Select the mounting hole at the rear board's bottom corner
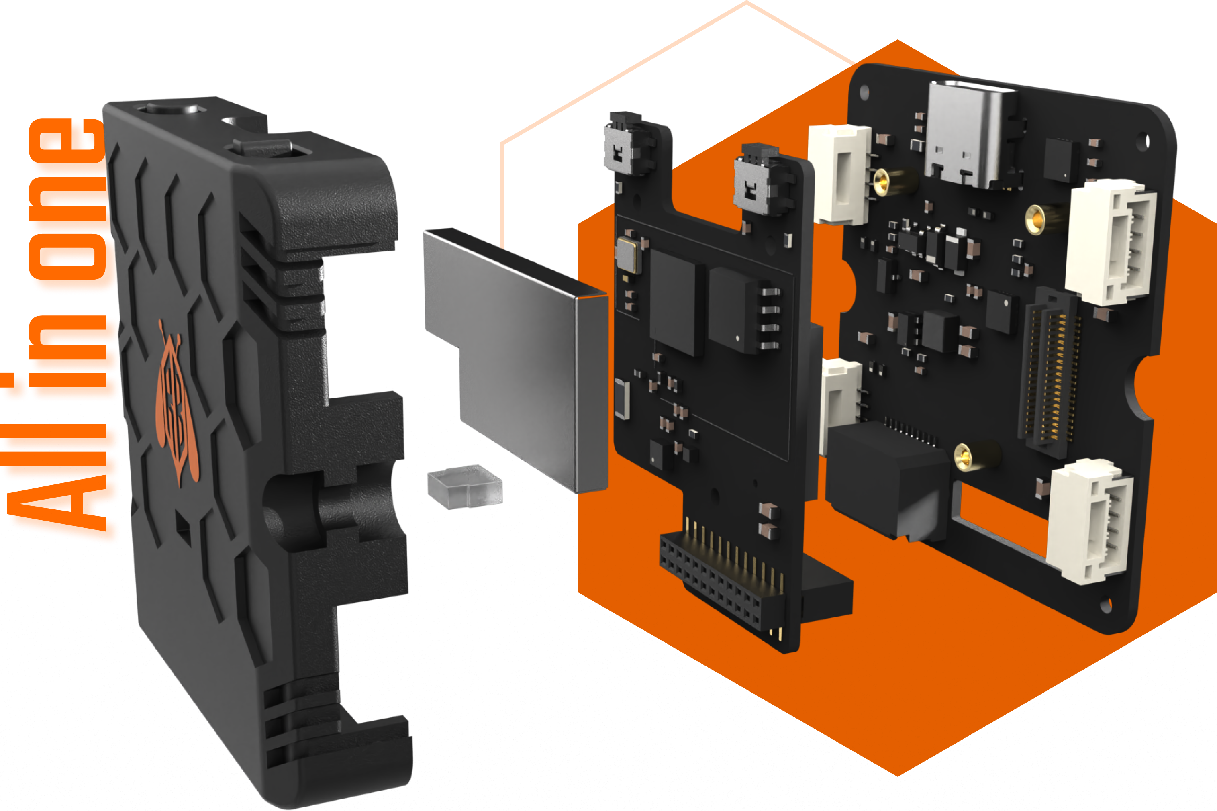[1105, 606]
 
